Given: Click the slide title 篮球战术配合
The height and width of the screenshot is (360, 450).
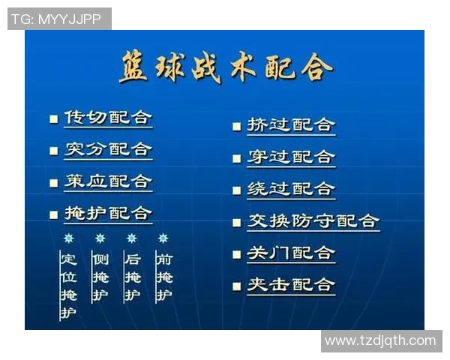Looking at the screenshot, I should point(225,67).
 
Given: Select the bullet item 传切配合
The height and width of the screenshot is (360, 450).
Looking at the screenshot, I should point(108,118).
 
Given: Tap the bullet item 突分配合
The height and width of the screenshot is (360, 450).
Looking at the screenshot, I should point(108,150).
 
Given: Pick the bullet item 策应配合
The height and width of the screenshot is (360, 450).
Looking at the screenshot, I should point(108,182).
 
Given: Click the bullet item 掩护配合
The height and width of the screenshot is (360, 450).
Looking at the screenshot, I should point(108,214).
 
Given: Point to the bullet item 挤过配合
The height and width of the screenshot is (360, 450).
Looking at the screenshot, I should point(291,125).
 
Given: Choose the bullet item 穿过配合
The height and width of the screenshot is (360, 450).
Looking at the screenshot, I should point(291,157).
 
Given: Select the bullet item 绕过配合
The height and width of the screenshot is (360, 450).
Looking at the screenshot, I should point(291,189).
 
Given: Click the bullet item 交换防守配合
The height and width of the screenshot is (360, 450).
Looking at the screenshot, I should point(313,221).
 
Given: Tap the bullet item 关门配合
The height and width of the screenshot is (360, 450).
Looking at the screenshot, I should point(291,253).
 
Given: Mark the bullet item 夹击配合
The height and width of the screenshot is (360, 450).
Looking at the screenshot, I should point(291,285).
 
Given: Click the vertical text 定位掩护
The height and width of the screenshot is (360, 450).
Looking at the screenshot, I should point(68,285).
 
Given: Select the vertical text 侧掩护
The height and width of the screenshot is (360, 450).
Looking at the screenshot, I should point(100,277).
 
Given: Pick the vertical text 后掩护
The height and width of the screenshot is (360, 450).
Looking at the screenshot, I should point(132,277).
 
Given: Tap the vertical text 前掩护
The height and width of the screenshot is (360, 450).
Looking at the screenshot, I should point(163,277).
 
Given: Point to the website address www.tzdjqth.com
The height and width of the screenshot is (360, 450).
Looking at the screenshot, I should point(380,341).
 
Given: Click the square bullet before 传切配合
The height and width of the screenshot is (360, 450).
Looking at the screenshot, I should point(53,119).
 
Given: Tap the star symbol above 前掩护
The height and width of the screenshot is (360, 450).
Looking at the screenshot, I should point(163,238).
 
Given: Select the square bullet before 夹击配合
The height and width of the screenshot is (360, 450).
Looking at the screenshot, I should point(236,286).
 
